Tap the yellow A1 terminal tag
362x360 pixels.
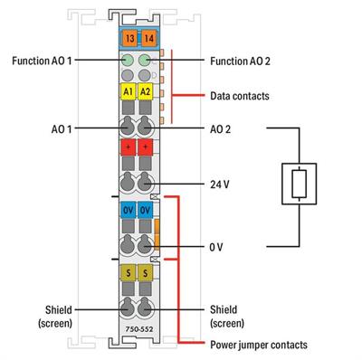coord(127,92)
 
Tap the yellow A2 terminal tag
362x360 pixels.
coord(145,92)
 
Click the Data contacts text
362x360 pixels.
coord(239,94)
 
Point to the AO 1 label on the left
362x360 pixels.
coord(63,129)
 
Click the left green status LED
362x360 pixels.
coord(127,61)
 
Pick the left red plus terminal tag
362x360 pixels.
coord(127,147)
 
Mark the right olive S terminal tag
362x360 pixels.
coord(145,271)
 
